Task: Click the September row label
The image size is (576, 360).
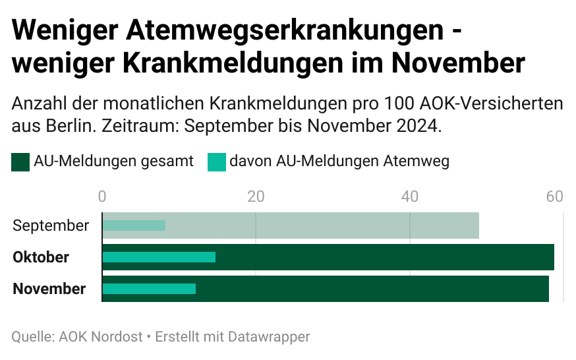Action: pyautogui.click(x=51, y=225)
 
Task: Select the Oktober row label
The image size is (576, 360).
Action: pyautogui.click(x=41, y=257)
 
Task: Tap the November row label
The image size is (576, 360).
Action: pyautogui.click(x=49, y=289)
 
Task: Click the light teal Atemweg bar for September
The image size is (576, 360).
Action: pyautogui.click(x=134, y=225)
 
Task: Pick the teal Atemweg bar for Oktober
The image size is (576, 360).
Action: pyautogui.click(x=159, y=257)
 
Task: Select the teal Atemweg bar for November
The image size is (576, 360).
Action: pyautogui.click(x=149, y=289)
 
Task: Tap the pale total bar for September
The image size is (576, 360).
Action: pyautogui.click(x=323, y=225)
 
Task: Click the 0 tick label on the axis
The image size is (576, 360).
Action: pyautogui.click(x=102, y=196)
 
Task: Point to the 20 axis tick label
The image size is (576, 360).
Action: pyautogui.click(x=256, y=196)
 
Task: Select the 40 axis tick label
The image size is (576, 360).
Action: pyautogui.click(x=410, y=196)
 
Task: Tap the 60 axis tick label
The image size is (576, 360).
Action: pyautogui.click(x=555, y=196)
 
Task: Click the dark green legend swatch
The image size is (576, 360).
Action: pyautogui.click(x=20, y=162)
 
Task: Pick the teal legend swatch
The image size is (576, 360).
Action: pyautogui.click(x=217, y=162)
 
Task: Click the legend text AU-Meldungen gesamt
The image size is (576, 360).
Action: pyautogui.click(x=113, y=162)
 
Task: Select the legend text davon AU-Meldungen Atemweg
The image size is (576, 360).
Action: pyautogui.click(x=339, y=162)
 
